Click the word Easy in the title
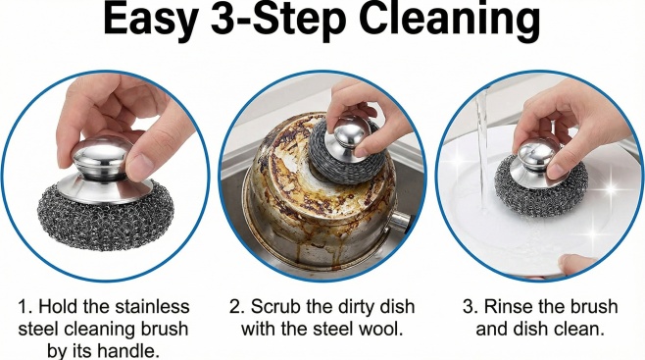point(150,21)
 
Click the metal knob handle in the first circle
point(102,159)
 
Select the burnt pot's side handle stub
point(399,222)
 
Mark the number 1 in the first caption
point(24,307)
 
